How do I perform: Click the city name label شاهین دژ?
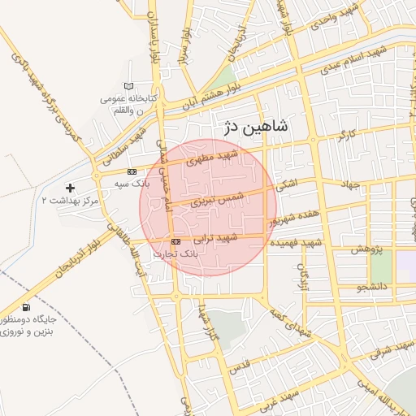(x=254, y=126)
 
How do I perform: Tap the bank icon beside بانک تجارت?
(x=176, y=242)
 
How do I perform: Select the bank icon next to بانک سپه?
(x=132, y=171)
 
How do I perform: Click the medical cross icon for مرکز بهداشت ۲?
(x=71, y=188)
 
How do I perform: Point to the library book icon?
(x=128, y=86)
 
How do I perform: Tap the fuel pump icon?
(x=28, y=307)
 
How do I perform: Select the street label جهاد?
(x=350, y=184)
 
